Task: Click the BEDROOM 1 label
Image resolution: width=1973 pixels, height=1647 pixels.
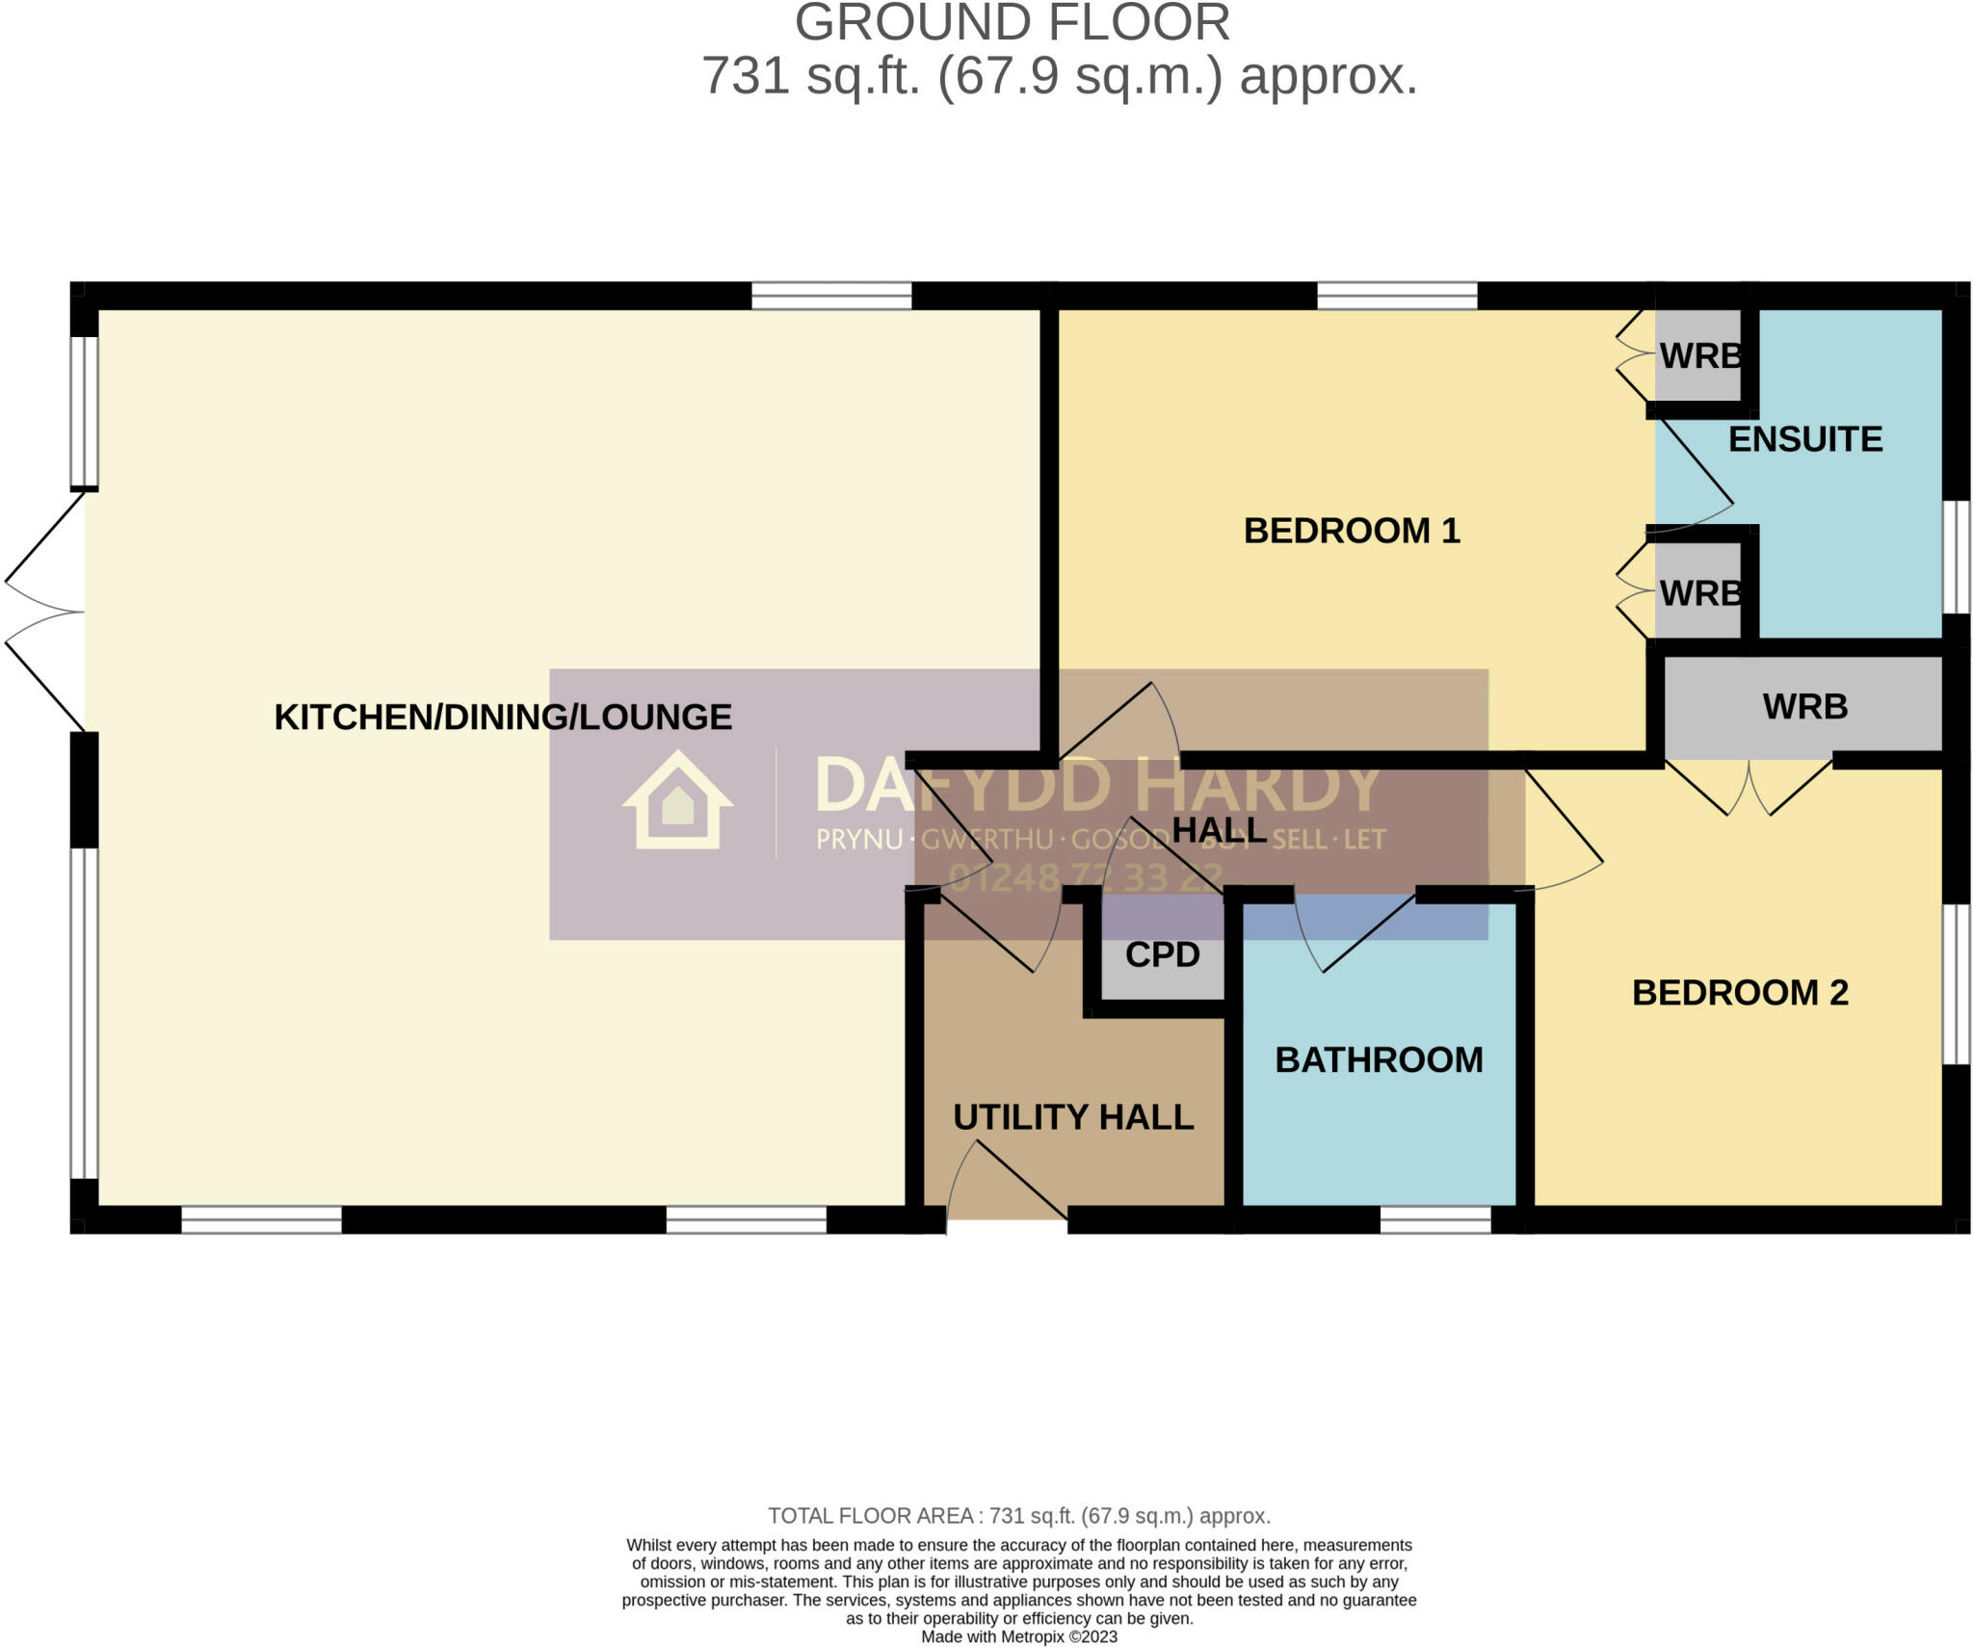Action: tap(1352, 531)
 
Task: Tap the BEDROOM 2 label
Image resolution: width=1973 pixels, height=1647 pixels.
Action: tap(1740, 993)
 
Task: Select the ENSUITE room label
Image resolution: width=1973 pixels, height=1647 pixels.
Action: tap(1804, 439)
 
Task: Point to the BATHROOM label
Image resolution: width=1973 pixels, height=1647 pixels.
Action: tap(1379, 1060)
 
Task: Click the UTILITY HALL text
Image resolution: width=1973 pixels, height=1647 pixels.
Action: tap(1073, 1117)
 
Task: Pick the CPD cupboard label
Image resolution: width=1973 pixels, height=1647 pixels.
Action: tap(1162, 954)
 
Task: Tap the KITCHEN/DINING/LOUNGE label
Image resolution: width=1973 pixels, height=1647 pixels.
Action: tap(503, 718)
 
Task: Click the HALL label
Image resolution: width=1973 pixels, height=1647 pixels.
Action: tap(1219, 830)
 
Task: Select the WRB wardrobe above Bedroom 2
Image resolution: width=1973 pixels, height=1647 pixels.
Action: tap(1804, 707)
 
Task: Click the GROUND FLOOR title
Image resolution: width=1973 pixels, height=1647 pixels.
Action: tap(1012, 23)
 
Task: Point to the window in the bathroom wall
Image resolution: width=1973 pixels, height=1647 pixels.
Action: tap(1435, 1220)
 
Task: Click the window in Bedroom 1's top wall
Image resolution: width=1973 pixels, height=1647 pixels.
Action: tap(1397, 296)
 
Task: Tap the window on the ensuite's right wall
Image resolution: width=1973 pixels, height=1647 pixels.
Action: tap(1956, 557)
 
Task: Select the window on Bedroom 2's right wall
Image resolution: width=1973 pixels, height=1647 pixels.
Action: tap(1956, 983)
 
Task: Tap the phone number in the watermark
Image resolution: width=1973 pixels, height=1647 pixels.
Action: tap(1086, 877)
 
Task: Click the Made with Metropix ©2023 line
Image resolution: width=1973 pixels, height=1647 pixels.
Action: tap(1018, 1636)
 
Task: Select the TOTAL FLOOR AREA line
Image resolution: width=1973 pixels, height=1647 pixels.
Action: tap(1018, 1516)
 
